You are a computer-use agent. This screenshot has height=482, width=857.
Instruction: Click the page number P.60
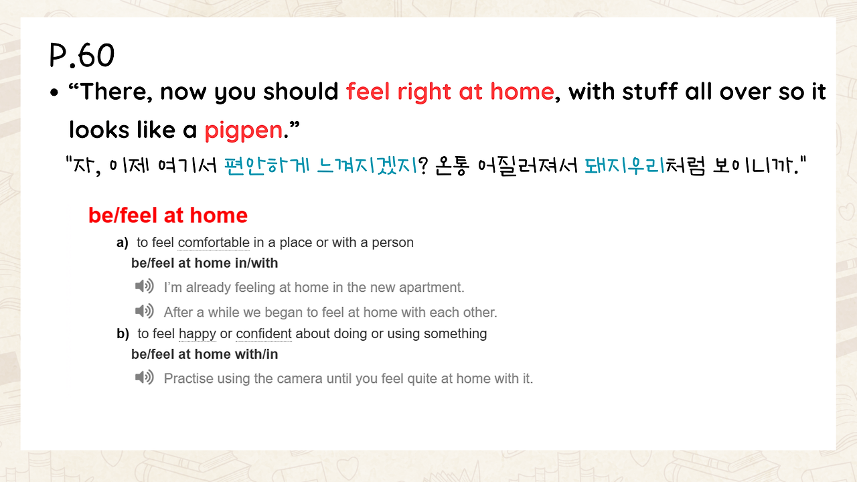(x=82, y=56)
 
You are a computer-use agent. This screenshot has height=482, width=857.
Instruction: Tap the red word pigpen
(x=243, y=131)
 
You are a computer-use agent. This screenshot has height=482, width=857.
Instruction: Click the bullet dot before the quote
(x=54, y=92)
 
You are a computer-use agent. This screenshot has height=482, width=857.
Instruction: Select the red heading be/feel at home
(x=168, y=215)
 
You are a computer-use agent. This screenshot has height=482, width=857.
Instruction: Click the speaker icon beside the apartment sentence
(x=144, y=286)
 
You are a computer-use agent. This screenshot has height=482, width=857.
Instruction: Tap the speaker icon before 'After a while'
(x=144, y=311)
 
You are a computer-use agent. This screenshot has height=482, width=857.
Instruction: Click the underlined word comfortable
(x=214, y=243)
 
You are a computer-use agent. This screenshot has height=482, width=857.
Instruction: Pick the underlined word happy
(x=198, y=334)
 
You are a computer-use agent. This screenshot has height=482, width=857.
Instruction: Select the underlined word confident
(x=264, y=333)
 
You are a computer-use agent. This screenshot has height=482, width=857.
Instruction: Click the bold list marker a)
(x=123, y=243)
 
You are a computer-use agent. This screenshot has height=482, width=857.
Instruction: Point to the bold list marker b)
(x=123, y=334)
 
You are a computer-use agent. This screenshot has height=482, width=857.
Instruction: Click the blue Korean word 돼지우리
(x=625, y=165)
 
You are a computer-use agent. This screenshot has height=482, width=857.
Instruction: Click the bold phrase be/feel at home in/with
(x=205, y=263)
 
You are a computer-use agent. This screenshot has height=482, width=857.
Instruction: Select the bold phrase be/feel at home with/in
(x=205, y=354)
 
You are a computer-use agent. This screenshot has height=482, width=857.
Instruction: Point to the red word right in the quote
(x=424, y=92)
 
